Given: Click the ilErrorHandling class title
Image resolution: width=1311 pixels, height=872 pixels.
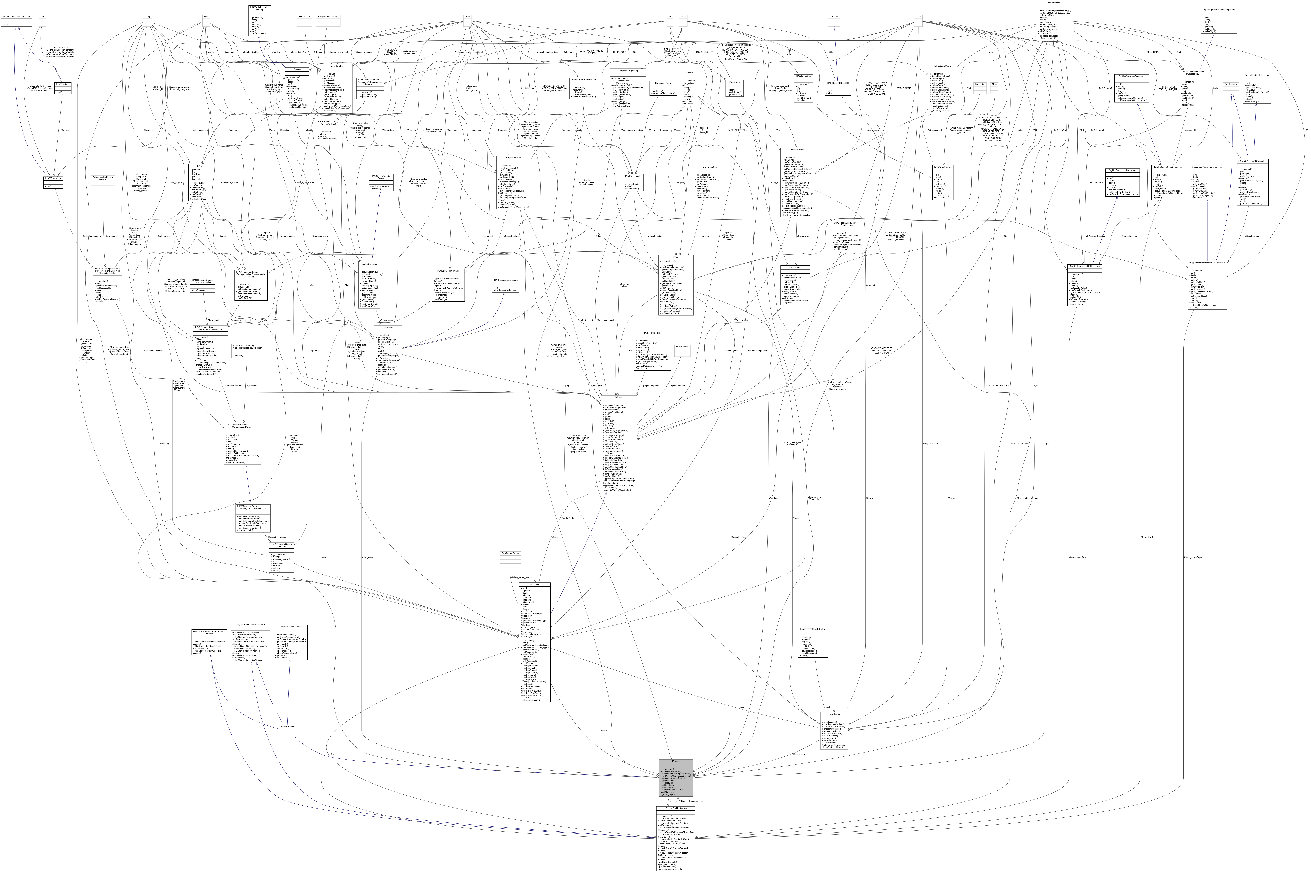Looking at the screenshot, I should (336, 66).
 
